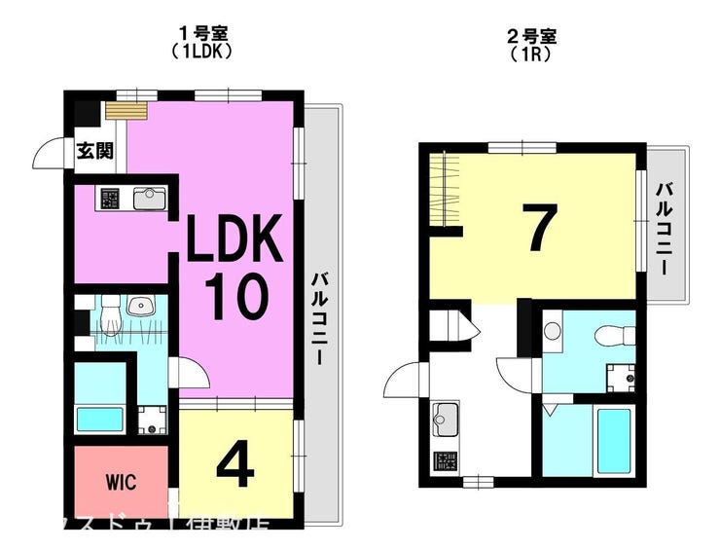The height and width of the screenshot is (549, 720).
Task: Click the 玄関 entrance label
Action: point(95,151)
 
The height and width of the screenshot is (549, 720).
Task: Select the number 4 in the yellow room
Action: point(234,465)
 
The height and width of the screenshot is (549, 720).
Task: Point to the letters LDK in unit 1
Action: point(234,240)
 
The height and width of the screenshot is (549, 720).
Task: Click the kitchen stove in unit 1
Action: point(107,199)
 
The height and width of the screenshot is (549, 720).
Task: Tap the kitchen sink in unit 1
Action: point(149,199)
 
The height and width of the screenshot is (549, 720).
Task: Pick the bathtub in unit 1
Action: point(100,419)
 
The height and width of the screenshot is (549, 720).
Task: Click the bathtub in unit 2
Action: point(614,440)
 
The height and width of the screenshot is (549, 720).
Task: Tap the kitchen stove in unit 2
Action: point(446,461)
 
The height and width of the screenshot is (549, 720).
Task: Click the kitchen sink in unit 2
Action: point(446,420)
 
